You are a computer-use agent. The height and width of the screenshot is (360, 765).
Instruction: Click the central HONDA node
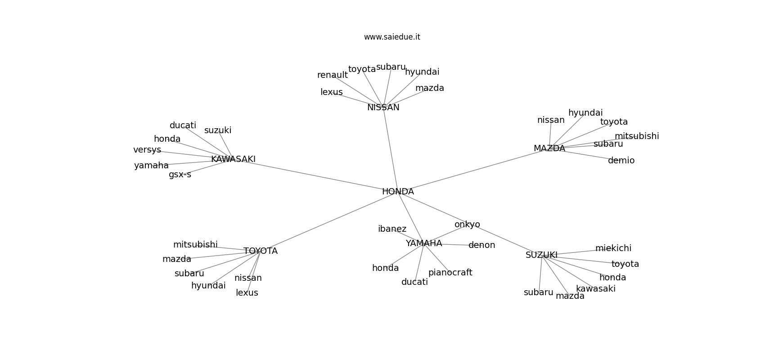(x=398, y=192)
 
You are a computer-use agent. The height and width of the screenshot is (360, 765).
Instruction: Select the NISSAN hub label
(x=383, y=108)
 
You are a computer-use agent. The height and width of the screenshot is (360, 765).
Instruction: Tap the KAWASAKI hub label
(x=233, y=159)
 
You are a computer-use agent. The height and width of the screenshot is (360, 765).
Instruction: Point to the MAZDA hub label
(x=549, y=148)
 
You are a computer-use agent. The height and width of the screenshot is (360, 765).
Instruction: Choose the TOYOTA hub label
(x=261, y=251)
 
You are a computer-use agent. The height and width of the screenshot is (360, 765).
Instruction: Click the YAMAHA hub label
(x=423, y=243)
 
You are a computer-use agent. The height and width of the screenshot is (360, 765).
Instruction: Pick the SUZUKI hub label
(x=541, y=255)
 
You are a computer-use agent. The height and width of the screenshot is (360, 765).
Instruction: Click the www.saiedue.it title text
(x=392, y=37)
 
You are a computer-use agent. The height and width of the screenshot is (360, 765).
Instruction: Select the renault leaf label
(x=332, y=75)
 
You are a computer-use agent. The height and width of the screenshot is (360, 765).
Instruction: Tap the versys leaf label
(x=147, y=150)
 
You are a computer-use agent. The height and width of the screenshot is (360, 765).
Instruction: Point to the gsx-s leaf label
(x=180, y=175)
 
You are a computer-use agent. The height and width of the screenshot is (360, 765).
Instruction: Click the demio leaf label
(x=621, y=161)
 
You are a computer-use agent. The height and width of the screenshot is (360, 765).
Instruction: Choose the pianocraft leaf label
(x=450, y=273)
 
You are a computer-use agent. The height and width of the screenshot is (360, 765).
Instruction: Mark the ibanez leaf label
(x=392, y=229)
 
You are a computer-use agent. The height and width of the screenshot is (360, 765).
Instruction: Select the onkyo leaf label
(x=467, y=225)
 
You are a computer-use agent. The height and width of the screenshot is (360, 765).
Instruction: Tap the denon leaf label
(x=481, y=245)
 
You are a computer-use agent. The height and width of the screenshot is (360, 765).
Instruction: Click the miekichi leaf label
(x=613, y=248)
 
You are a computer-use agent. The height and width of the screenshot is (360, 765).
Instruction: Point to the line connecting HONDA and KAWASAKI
(x=315, y=175)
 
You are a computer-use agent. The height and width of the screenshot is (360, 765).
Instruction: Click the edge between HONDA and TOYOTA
(x=328, y=221)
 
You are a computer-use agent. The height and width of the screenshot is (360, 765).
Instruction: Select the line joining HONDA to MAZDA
(x=472, y=171)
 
